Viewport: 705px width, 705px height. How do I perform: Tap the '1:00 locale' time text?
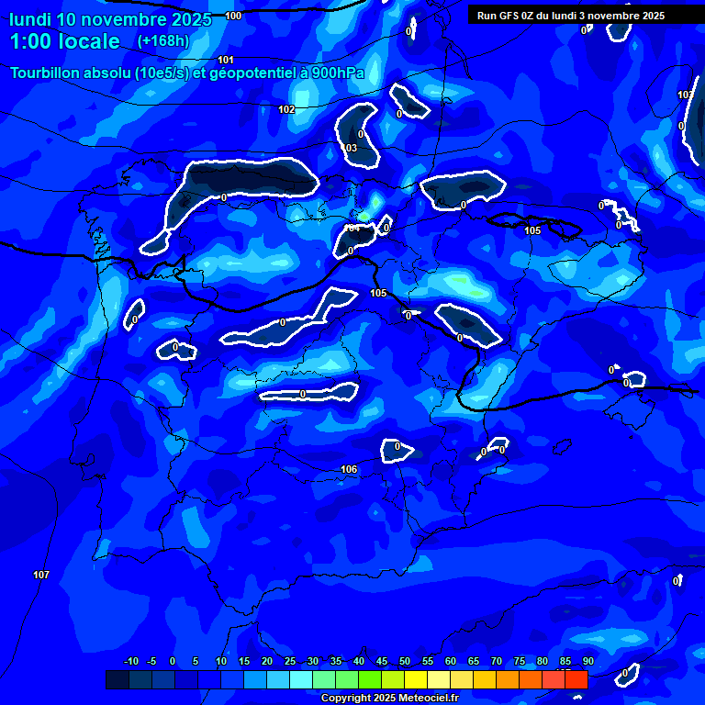pyautogui.click(x=64, y=41)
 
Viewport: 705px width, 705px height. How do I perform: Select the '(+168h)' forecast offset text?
pyautogui.click(x=162, y=40)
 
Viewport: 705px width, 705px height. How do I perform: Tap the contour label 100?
pyautogui.click(x=233, y=16)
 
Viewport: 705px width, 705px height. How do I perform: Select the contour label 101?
pyautogui.click(x=226, y=60)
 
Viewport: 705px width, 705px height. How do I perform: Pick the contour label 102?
pyautogui.click(x=286, y=109)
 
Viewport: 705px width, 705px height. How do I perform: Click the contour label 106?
pyautogui.click(x=349, y=469)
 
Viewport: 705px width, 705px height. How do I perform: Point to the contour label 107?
pyautogui.click(x=41, y=575)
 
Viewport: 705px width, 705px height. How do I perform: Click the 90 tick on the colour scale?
pyautogui.click(x=587, y=662)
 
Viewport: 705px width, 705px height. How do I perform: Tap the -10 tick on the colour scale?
pyautogui.click(x=130, y=662)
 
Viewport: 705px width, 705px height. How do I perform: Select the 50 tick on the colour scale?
pyautogui.click(x=404, y=662)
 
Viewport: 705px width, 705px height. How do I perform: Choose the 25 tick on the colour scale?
pyautogui.click(x=289, y=662)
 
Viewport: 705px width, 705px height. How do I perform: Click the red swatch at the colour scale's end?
pyautogui.click(x=576, y=679)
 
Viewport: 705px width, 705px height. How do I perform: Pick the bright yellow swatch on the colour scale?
pyautogui.click(x=415, y=679)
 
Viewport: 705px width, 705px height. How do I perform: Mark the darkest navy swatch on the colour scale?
pyautogui.click(x=117, y=679)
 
